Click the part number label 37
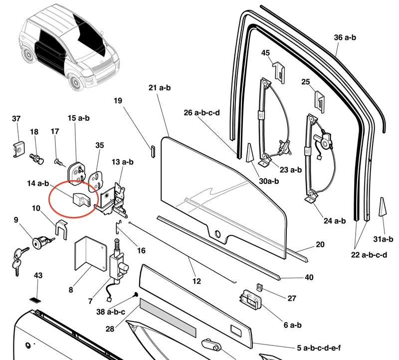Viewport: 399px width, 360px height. [x=16, y=119]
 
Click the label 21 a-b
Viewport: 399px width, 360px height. [x=160, y=88]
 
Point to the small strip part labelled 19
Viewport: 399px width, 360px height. [x=154, y=150]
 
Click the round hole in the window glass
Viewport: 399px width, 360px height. [x=217, y=234]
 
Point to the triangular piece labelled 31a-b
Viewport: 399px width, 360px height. [x=383, y=206]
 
